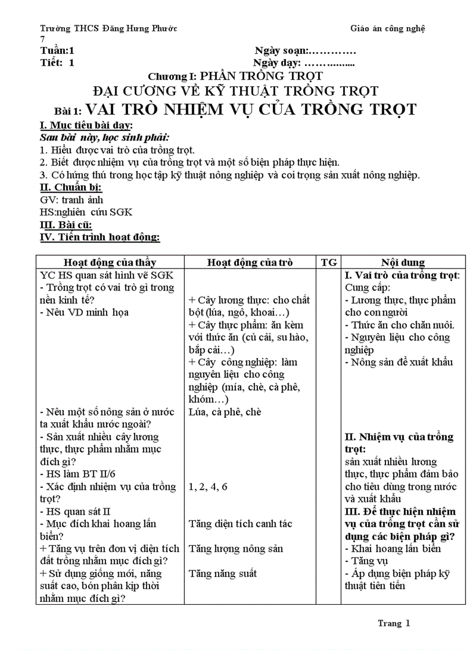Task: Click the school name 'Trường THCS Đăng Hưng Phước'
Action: (x=108, y=28)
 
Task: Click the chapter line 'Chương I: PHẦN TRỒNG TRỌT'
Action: (x=235, y=76)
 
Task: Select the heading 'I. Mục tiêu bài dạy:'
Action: (x=86, y=126)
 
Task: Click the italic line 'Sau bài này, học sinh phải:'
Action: (x=104, y=137)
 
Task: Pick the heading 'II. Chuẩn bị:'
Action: (x=71, y=188)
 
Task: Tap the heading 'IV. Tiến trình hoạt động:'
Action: (x=100, y=237)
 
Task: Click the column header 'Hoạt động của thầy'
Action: (x=110, y=262)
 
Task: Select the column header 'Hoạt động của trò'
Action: (x=250, y=262)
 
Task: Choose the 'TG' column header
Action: (x=329, y=262)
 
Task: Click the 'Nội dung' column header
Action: (x=402, y=262)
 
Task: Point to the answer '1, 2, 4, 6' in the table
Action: (x=208, y=487)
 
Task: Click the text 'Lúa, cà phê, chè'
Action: (x=225, y=412)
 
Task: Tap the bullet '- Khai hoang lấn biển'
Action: (x=392, y=549)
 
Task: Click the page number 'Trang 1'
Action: (x=394, y=623)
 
